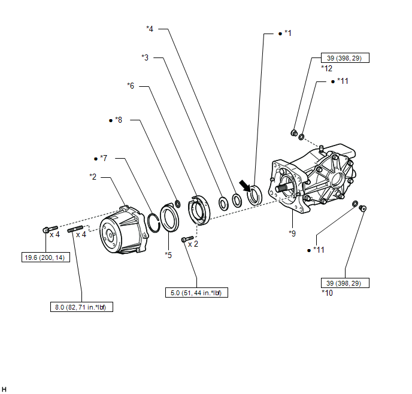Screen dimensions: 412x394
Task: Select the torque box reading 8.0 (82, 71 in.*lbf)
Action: coord(81,307)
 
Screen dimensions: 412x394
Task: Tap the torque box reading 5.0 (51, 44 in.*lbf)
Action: coord(196,293)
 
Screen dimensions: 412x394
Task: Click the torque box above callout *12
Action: coord(345,58)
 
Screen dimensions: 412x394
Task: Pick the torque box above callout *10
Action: coord(345,283)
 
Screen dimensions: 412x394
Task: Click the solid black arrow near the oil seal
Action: coord(244,186)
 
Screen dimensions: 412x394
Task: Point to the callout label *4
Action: coord(150,29)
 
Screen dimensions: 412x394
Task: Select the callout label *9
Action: coord(292,234)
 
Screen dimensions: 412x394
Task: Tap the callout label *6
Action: coord(131,86)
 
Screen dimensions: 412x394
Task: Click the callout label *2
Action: coord(93,177)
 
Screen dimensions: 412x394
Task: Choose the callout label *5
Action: coord(168,255)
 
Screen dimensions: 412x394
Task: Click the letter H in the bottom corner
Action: coord(4,389)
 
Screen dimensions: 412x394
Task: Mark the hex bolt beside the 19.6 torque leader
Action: coord(50,229)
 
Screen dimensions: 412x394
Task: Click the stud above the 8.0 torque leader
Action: coord(75,229)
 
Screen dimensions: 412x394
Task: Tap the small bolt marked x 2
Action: coord(187,239)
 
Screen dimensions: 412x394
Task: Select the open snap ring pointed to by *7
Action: coord(153,223)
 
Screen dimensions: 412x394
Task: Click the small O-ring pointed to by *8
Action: coord(178,204)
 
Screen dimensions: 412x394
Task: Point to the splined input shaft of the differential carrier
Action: coord(283,188)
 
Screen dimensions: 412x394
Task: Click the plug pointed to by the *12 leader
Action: coord(294,133)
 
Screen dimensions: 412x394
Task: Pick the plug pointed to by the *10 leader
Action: coord(363,208)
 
